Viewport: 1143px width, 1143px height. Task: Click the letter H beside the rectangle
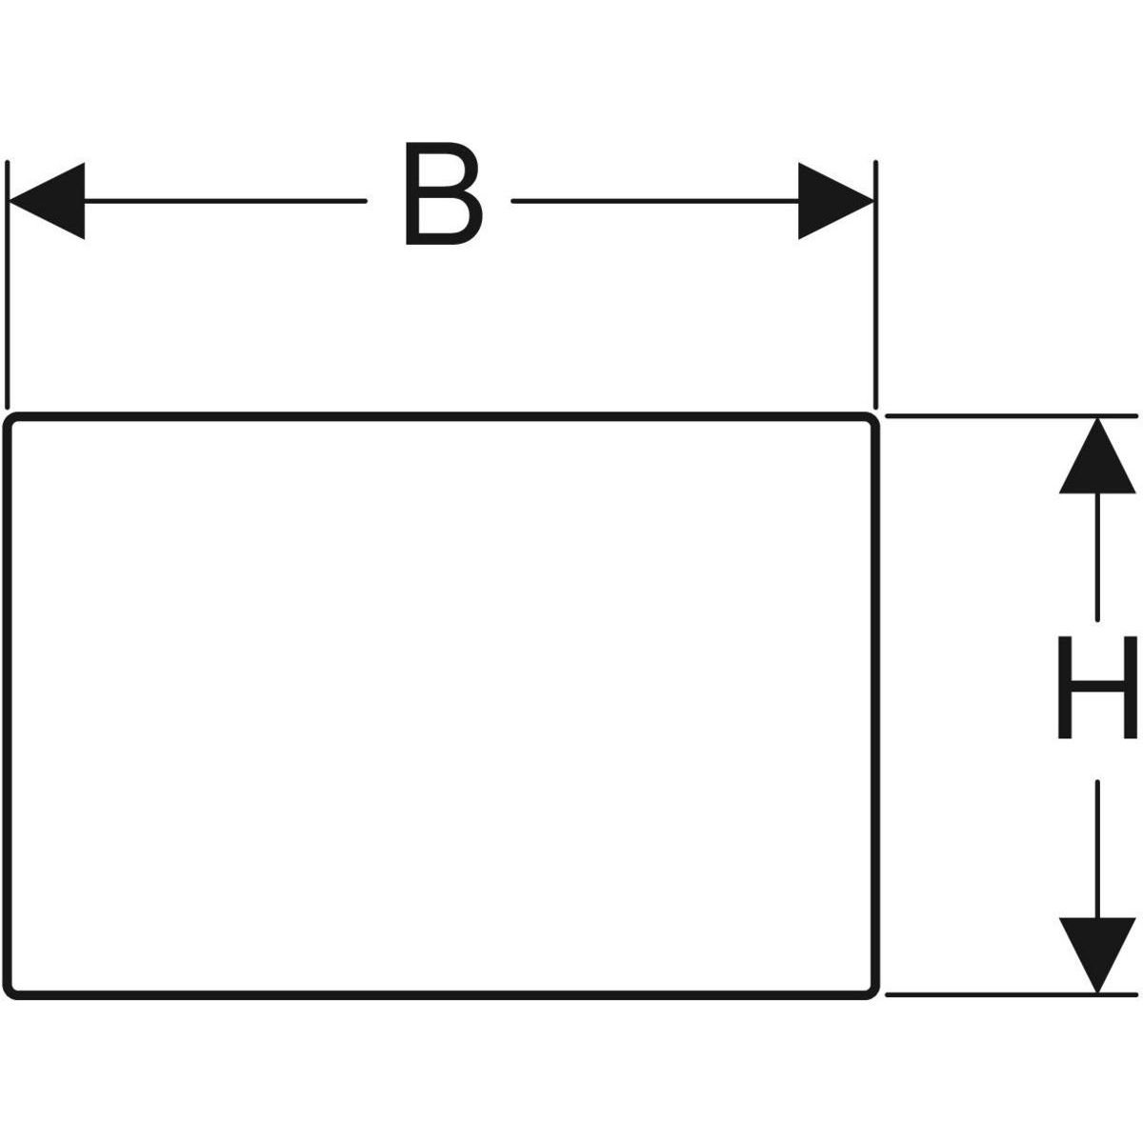tap(1097, 687)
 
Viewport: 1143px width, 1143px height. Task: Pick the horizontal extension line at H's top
tap(1010, 415)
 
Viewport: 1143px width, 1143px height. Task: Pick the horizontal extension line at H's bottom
tap(1010, 995)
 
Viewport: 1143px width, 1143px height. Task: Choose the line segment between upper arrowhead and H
tap(1097, 557)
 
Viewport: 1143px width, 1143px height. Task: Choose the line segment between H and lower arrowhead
tap(1097, 848)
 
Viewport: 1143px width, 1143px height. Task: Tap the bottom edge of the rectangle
tap(438, 996)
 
